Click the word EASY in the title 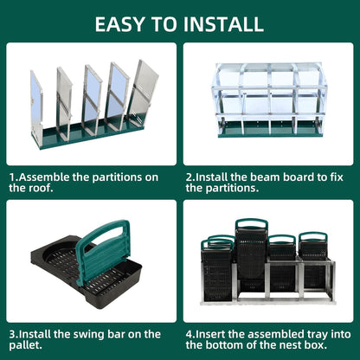tap(121, 23)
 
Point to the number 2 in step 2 tap(188, 177)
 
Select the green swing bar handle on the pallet tap(104, 251)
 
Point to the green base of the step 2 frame tap(268, 132)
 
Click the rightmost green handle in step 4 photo tap(312, 236)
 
